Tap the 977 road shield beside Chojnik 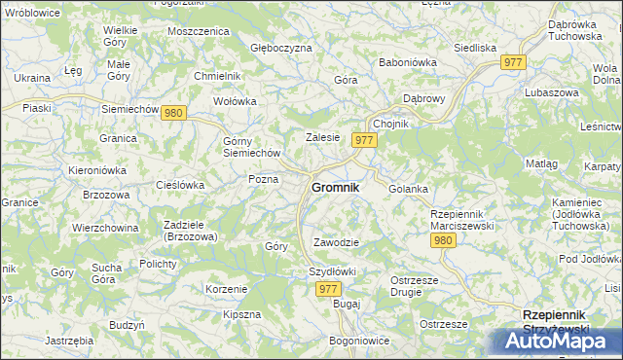point(366,141)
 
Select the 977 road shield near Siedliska point(515,62)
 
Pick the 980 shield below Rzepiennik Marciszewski point(444,240)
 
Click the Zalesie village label point(322,137)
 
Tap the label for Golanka point(409,189)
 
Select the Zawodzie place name point(337,242)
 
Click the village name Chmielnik point(217,75)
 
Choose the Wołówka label point(235,100)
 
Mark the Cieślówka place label point(180,184)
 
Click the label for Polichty point(157,264)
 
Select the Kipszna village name point(241,314)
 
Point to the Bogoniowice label point(359,341)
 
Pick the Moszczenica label point(198,31)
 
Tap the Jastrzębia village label point(69,341)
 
